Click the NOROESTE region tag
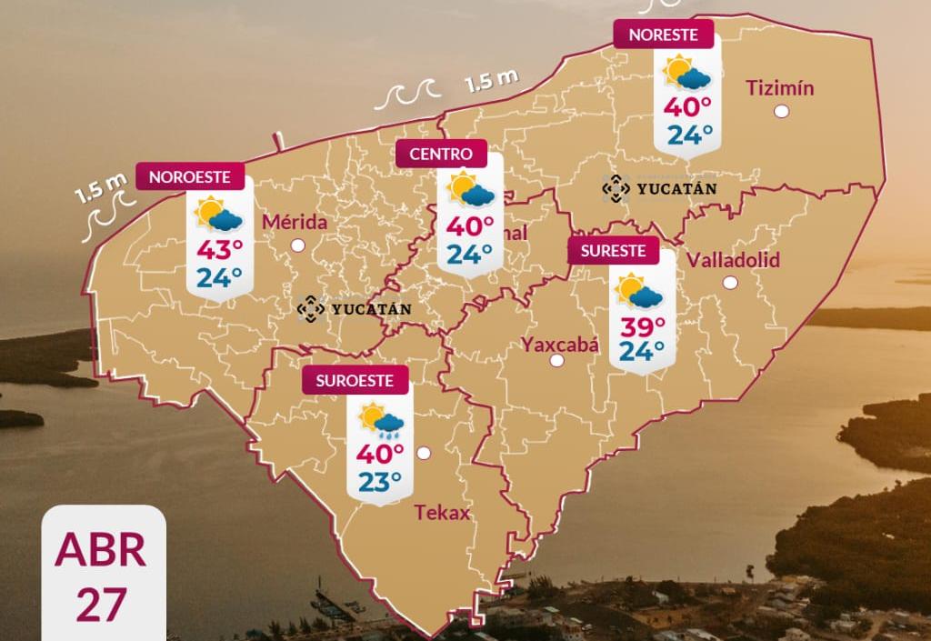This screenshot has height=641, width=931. point(190,176)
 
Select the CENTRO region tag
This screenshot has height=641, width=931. point(441,154)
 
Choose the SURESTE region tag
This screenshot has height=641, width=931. point(614,250)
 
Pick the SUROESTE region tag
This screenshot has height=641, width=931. point(355,381)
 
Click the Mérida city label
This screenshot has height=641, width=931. point(294,222)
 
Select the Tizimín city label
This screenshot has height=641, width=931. point(779,88)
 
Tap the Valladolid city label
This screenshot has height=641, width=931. point(733,260)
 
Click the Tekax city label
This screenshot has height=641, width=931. point(443,513)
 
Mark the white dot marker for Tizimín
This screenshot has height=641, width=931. point(781,112)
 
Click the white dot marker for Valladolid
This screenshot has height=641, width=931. point(730,283)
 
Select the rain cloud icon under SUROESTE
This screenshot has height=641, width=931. point(380,419)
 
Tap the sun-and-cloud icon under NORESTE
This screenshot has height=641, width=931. point(686,72)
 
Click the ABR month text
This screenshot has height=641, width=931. point(101,550)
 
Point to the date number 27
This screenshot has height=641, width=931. point(101,605)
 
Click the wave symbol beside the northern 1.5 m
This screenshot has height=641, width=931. point(406,92)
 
